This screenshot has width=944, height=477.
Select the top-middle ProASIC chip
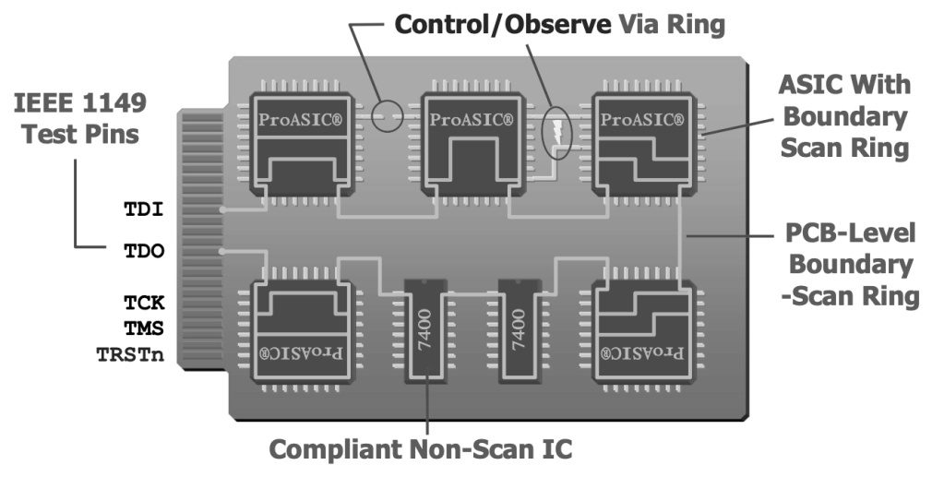pos(472,143)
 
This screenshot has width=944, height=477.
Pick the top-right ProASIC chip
pos(642,143)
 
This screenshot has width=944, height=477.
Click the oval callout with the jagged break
pos(556,133)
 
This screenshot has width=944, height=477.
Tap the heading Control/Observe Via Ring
pos(559,24)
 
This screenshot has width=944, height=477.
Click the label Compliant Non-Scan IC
pos(421,449)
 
